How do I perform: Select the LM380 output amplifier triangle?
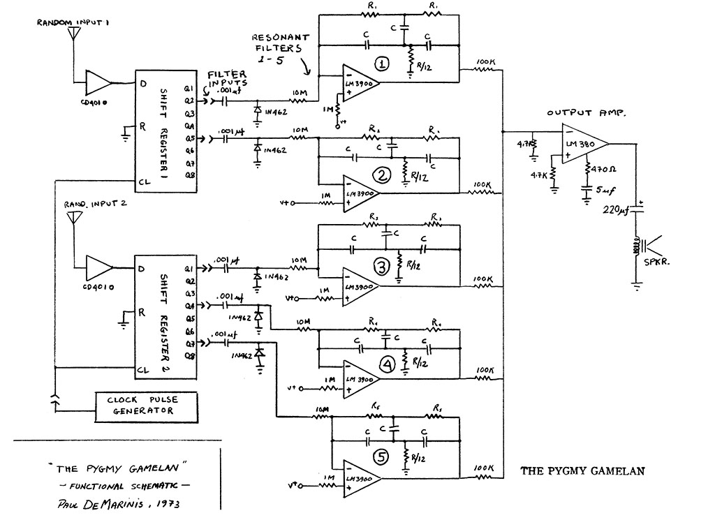(x=584, y=145)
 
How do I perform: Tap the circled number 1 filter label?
(x=382, y=64)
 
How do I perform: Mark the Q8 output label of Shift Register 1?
(x=189, y=176)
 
